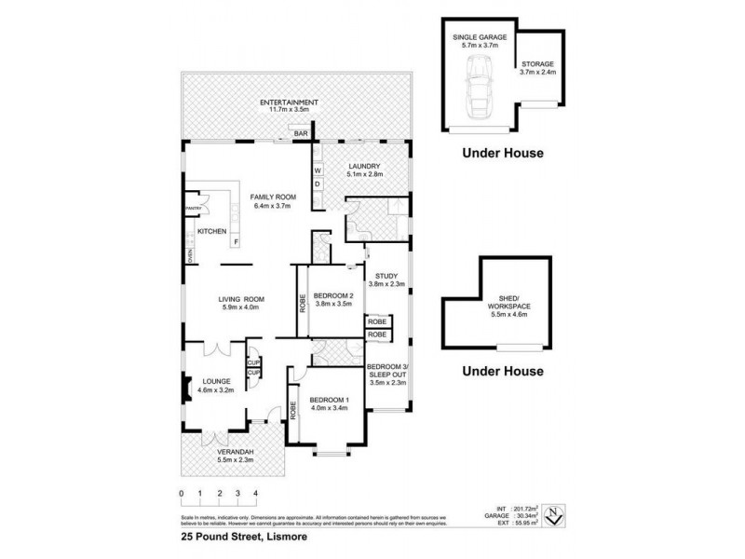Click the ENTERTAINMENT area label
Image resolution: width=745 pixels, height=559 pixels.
289,102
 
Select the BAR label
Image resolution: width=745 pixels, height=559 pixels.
301,135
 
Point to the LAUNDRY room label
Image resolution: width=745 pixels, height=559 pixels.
359,167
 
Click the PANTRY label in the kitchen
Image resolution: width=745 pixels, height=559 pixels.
193,208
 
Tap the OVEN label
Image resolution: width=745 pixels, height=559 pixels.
188,257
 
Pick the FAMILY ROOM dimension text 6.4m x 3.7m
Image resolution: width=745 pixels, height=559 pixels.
272,206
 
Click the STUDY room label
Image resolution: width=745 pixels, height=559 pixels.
386,277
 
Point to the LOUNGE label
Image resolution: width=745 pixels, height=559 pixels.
214,381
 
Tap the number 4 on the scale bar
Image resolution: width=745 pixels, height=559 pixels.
255,493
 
